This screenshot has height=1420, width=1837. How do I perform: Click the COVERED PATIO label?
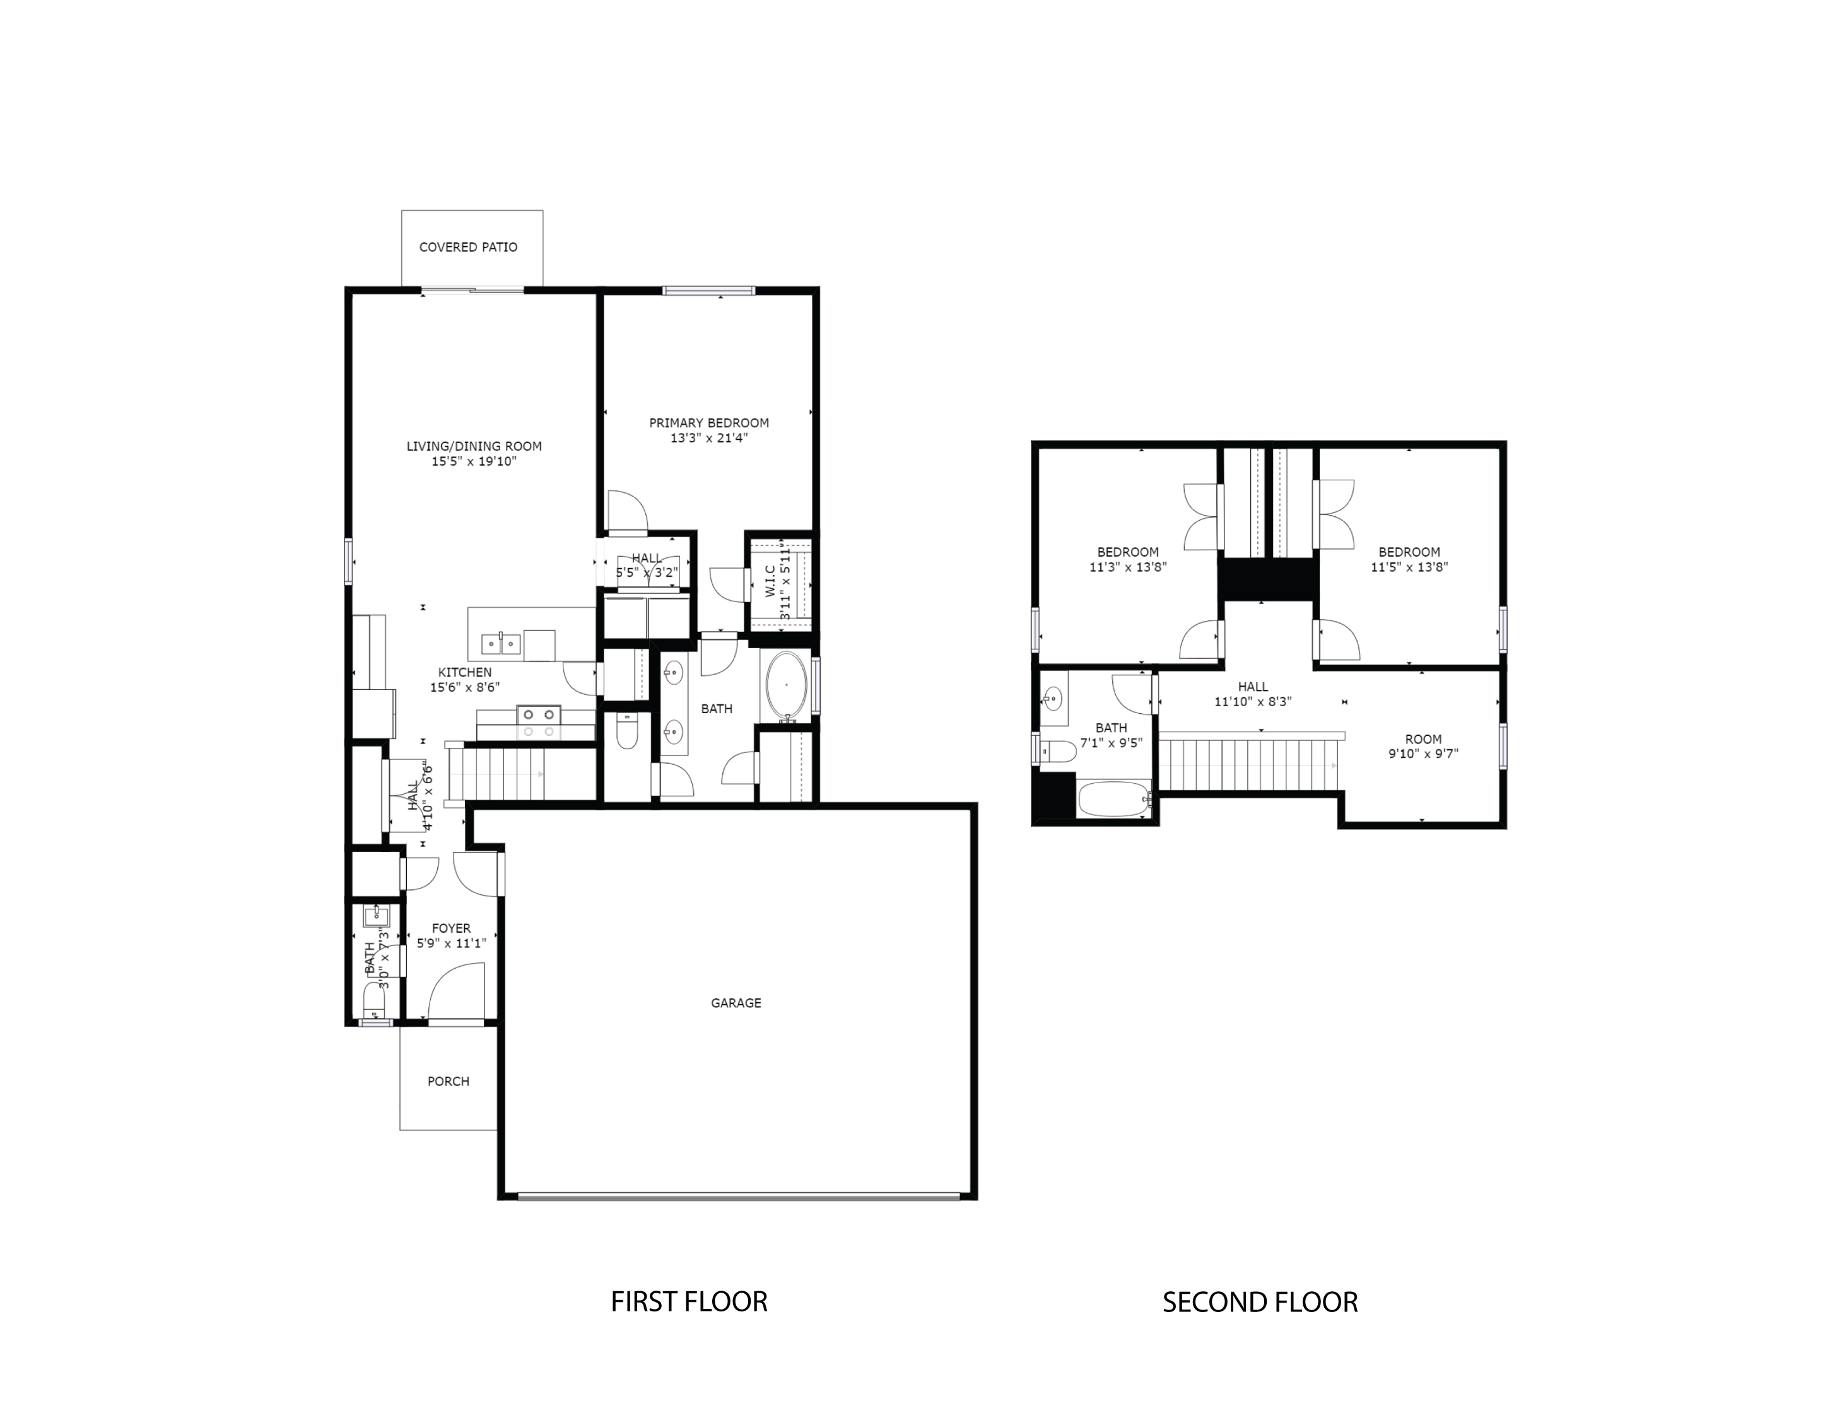(x=469, y=247)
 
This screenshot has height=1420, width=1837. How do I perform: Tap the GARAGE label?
(x=736, y=1003)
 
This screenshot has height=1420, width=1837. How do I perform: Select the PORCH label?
(x=449, y=1081)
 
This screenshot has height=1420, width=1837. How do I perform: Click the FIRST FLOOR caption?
(x=689, y=1301)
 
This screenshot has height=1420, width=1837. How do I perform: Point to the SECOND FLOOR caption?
(x=1260, y=1302)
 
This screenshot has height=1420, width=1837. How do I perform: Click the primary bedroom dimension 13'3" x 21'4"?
(x=708, y=438)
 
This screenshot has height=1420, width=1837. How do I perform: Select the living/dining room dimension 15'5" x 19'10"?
(x=474, y=461)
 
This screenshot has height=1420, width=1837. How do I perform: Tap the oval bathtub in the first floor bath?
(x=787, y=687)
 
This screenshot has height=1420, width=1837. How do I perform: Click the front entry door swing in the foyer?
(x=457, y=993)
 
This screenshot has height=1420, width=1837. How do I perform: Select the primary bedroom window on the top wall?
(x=708, y=291)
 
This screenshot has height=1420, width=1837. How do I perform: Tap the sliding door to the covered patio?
(x=472, y=291)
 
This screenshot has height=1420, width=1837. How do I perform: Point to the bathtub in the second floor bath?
(x=1113, y=799)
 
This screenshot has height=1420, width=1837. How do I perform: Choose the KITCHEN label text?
(x=464, y=672)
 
